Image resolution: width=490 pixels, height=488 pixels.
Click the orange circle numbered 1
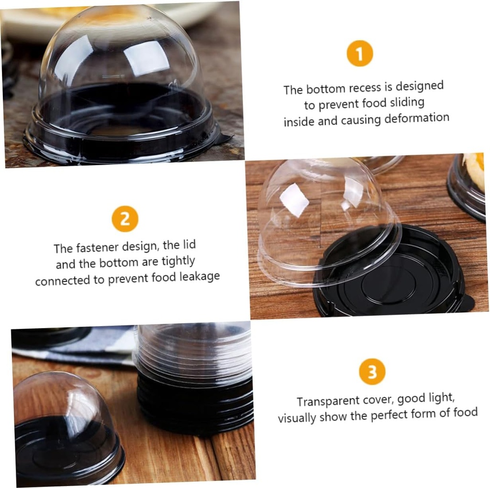[x=360, y=54]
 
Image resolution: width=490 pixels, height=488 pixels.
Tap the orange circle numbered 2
[x=125, y=219]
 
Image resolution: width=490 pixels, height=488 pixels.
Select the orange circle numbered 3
[x=372, y=372]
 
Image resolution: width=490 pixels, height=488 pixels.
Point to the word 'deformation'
[x=417, y=118]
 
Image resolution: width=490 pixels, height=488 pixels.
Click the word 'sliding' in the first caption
[x=407, y=102]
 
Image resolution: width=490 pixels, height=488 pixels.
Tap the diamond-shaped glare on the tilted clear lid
[x=294, y=200]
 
